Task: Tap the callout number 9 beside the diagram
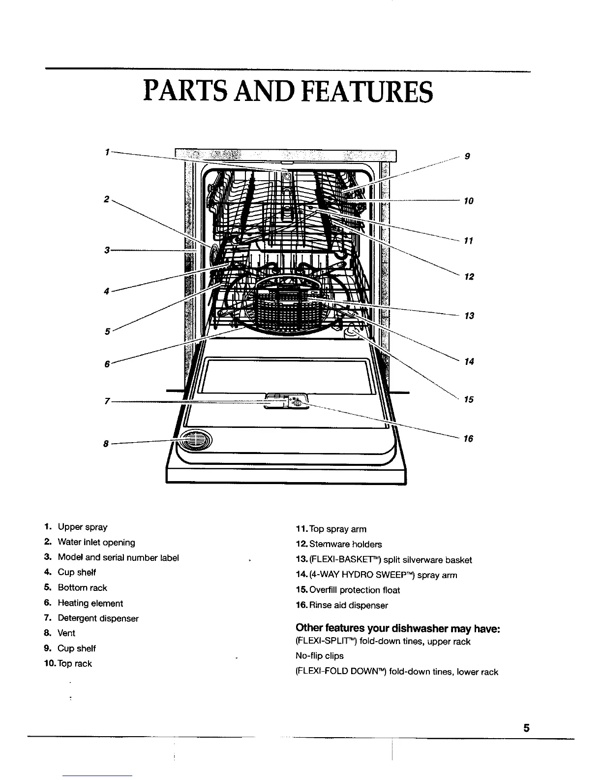tap(468, 157)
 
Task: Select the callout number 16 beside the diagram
tap(469, 438)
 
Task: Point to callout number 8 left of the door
tap(105, 444)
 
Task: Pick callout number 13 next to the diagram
tap(469, 316)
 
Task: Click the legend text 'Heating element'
tap(90, 603)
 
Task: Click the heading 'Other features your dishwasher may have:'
tap(397, 628)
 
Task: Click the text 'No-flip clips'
tap(320, 656)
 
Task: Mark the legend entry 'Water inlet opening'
tap(96, 542)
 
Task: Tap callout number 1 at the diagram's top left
tap(107, 152)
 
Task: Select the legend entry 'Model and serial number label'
tap(118, 557)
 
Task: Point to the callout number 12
tap(469, 277)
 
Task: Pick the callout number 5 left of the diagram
tap(107, 331)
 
